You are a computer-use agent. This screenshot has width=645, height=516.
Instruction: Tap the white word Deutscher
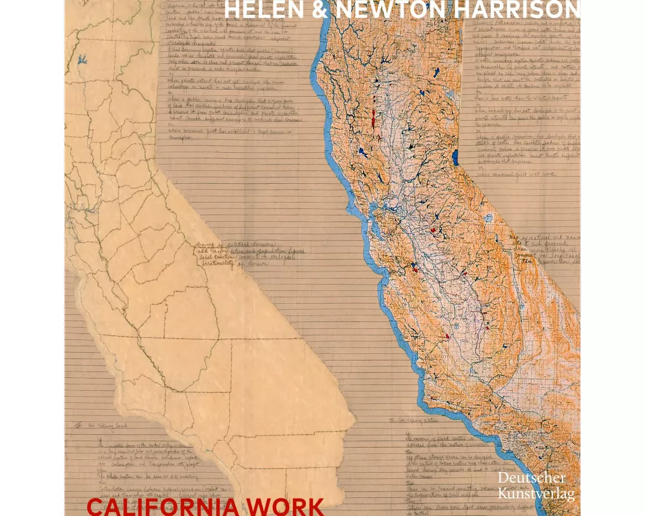(532, 479)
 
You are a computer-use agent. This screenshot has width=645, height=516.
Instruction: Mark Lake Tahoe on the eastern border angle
(456, 157)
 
